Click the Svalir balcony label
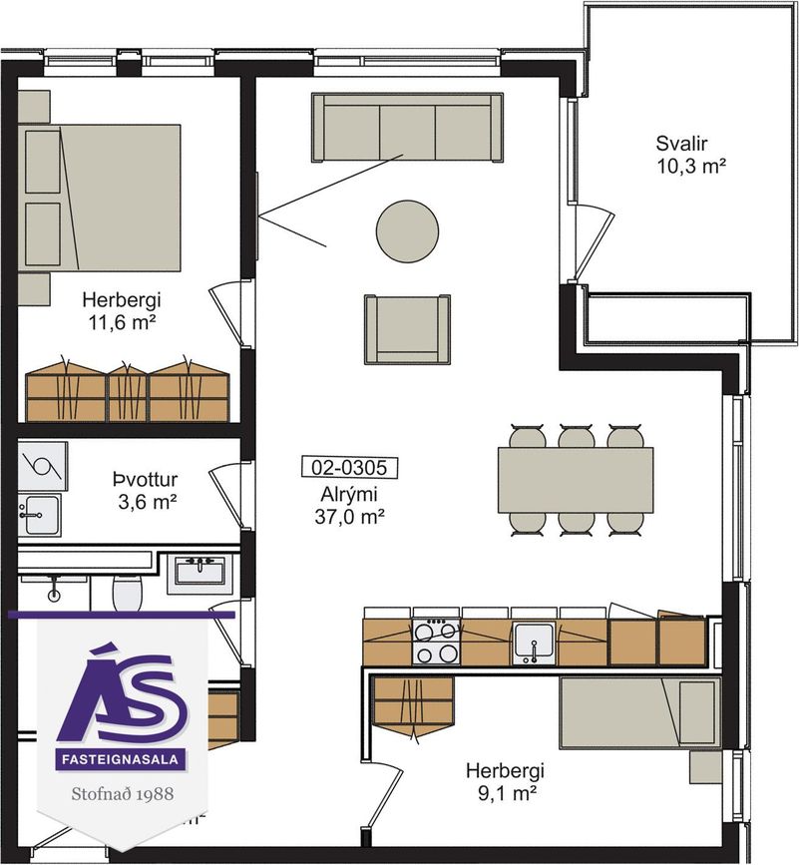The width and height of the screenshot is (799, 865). pos(681,144)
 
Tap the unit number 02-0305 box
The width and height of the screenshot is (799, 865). pos(349,467)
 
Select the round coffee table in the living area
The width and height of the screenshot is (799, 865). pos(408,231)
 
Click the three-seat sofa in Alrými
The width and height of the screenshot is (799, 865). pos(408,128)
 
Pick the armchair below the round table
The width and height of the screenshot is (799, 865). pos(408,329)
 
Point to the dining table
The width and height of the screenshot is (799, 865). pos(576,480)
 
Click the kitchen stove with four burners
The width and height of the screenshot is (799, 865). pos(436,642)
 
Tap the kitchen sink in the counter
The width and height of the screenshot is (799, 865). pos(534,643)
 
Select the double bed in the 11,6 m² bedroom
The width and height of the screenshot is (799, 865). pos(100,198)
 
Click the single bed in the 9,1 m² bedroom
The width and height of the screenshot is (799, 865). pos(640,713)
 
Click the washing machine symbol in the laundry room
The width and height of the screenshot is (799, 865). pos(43,466)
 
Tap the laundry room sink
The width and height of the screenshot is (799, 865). pos(39,515)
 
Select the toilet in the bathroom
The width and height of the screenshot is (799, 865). pos(128,594)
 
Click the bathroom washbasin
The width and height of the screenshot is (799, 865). pos(200,570)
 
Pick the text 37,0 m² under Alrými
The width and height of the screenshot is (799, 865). pos(349,517)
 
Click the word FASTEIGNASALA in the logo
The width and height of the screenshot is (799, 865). pos(121,759)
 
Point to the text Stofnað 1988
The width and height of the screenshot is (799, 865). pos(123,794)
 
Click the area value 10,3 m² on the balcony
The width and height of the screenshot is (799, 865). pos(691,166)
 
